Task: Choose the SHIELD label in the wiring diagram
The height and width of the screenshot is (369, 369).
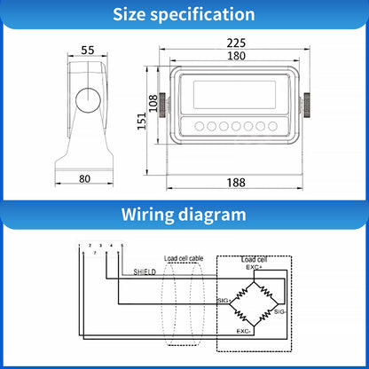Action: click(x=144, y=272)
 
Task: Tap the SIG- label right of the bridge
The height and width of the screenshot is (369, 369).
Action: click(x=281, y=312)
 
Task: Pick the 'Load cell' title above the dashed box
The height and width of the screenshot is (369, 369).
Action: click(x=255, y=258)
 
